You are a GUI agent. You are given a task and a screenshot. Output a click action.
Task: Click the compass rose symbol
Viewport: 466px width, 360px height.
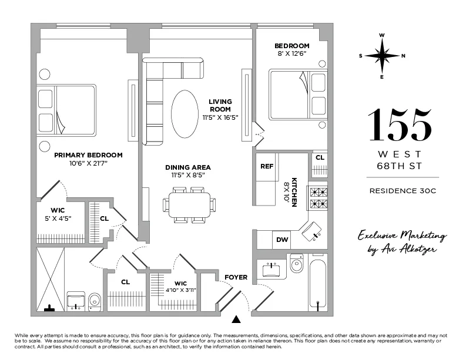(x=382, y=56)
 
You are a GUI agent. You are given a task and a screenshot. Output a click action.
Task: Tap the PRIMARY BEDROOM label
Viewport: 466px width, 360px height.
(x=88, y=155)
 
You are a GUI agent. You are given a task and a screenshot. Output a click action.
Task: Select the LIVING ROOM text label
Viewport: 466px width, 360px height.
(x=220, y=105)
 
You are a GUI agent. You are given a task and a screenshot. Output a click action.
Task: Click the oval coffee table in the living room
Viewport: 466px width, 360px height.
(x=185, y=113)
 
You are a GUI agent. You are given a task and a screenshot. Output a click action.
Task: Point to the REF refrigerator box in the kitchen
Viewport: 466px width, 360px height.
(x=267, y=166)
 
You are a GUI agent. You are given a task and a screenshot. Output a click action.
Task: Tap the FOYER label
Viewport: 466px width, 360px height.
(x=236, y=277)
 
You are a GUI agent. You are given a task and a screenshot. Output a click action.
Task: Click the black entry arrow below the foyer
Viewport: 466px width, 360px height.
(x=236, y=319)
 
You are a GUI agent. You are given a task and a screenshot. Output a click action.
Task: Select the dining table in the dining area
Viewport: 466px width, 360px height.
(x=189, y=205)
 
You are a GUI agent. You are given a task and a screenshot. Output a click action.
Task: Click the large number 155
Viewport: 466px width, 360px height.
(x=400, y=126)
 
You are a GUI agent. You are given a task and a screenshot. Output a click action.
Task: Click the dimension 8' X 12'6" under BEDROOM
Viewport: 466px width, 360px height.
(x=291, y=54)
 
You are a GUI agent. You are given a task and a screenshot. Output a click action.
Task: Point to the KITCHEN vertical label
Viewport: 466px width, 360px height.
(x=294, y=192)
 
